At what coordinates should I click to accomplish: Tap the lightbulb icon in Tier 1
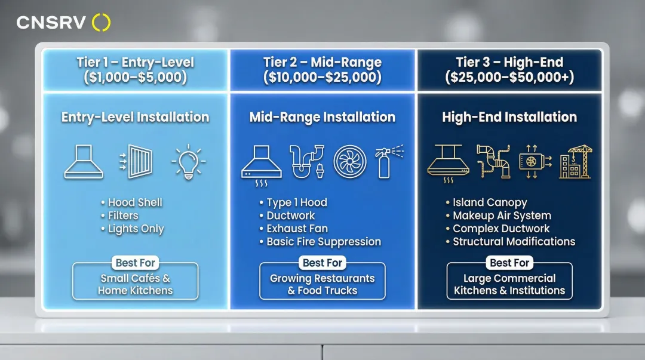[x=188, y=162]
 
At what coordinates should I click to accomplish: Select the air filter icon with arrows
[x=136, y=162]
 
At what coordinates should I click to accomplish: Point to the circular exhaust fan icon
[x=349, y=162]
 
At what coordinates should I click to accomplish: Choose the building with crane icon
[x=576, y=162]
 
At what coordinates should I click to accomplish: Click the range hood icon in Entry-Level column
[x=84, y=162]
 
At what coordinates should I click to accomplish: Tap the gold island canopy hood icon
[x=448, y=164]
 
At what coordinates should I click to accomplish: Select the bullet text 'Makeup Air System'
[x=502, y=216]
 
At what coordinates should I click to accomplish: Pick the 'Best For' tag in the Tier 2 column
[x=322, y=263]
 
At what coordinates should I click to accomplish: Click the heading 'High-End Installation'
[x=509, y=117]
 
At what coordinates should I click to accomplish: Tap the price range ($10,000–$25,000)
[x=322, y=77]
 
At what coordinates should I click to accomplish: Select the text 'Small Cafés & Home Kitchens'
[x=136, y=284]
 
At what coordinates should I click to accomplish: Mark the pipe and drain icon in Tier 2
[x=307, y=162]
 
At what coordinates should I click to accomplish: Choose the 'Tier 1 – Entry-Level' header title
[x=136, y=62]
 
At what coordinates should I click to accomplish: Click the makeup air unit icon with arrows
[x=535, y=162]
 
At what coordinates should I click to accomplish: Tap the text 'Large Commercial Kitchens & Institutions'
[x=509, y=284]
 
